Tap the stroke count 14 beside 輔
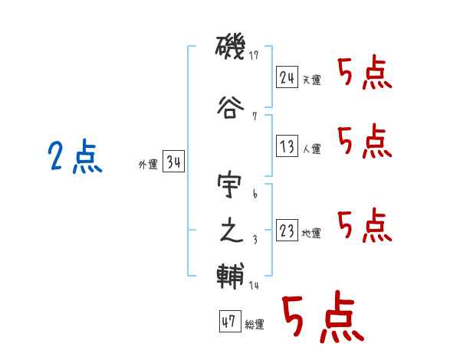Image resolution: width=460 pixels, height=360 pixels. [x=254, y=286]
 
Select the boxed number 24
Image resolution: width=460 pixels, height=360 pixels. [x=287, y=77]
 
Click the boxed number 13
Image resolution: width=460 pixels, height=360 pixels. [x=287, y=146]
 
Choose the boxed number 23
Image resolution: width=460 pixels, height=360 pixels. [x=287, y=231]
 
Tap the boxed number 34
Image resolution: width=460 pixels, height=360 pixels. [x=173, y=162]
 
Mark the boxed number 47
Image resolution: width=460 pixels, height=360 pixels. [x=228, y=322]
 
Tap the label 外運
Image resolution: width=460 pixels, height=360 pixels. [x=148, y=165]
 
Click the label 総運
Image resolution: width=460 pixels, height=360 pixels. [x=254, y=325]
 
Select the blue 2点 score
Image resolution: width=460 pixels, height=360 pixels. [x=75, y=159]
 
